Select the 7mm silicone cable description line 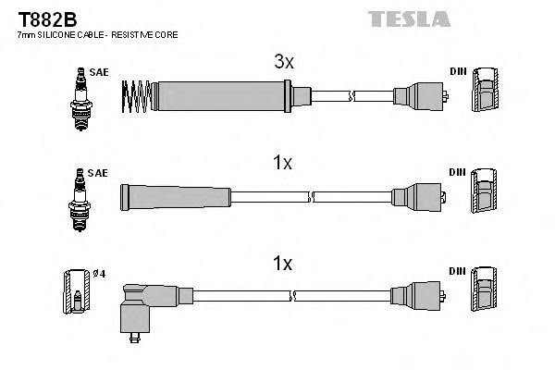pyautogui.click(x=97, y=34)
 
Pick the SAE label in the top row pyautogui.click(x=99, y=70)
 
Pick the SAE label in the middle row pyautogui.click(x=99, y=173)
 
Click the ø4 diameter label pyautogui.click(x=98, y=272)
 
